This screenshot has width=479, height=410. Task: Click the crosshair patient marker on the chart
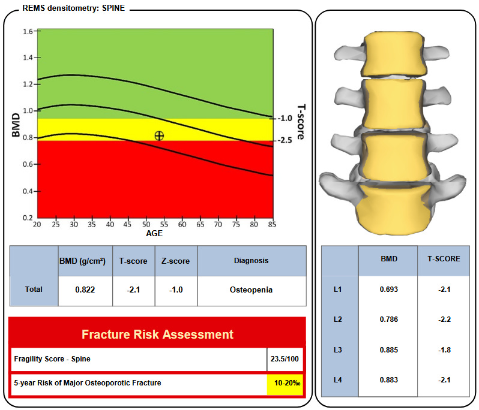pos(159,136)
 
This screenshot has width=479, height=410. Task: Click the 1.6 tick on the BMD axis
pos(28,31)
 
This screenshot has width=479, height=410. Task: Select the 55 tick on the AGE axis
pos(164,225)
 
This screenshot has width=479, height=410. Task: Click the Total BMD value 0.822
pos(85,290)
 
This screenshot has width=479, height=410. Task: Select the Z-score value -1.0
pos(176,290)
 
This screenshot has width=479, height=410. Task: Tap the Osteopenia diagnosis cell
pos(251,290)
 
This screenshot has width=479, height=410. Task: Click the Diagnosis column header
pos(251,261)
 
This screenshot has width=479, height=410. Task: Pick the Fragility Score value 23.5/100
pos(285,360)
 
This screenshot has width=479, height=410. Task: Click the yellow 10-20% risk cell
pos(285,383)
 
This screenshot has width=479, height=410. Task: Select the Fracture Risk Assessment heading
pos(157,333)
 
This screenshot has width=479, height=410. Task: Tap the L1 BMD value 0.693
pos(388,290)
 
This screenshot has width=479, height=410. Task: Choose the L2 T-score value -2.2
pos(444,319)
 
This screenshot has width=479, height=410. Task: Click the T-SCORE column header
pos(444,260)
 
